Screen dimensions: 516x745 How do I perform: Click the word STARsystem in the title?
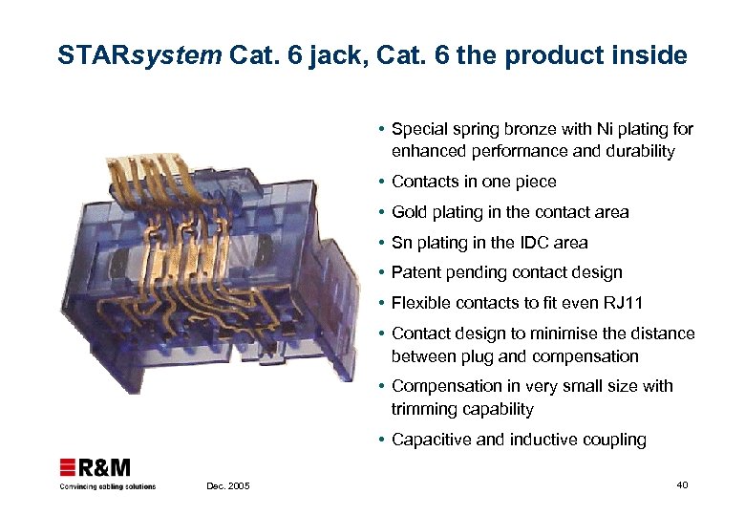[139, 55]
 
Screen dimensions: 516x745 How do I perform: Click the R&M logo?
[96, 468]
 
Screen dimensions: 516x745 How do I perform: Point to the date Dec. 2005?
[228, 487]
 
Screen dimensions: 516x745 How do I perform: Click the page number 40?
[682, 486]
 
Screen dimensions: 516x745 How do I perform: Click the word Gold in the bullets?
[410, 212]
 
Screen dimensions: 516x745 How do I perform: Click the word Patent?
[415, 273]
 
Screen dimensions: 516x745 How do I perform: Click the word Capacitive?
[431, 440]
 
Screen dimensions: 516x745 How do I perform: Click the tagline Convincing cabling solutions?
[108, 486]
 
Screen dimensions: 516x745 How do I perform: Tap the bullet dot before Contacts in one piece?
[381, 182]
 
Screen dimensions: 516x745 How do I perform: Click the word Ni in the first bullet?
[582, 129]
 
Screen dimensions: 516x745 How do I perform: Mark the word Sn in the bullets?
[401, 243]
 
